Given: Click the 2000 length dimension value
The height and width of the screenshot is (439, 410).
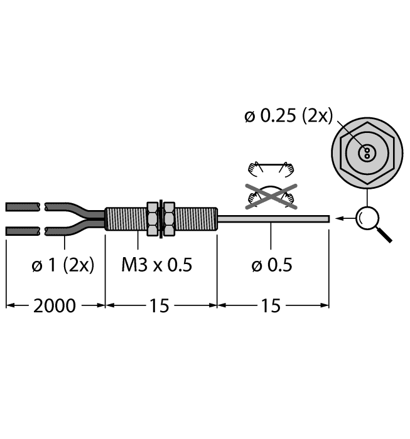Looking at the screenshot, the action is (x=55, y=306).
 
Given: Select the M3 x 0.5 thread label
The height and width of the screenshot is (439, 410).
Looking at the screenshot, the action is (x=157, y=265).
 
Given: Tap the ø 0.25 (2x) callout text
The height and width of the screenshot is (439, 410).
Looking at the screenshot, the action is (x=288, y=115).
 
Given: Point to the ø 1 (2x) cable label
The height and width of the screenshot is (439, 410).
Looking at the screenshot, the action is (x=63, y=265).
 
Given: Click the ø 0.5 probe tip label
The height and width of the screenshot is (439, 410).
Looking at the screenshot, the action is (x=272, y=265).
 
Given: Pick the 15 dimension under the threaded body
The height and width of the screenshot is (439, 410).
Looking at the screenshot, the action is (x=159, y=306).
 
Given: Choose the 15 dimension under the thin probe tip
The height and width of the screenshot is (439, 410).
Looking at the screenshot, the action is (x=271, y=306).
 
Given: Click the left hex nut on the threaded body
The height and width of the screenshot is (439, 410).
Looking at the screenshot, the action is (x=153, y=219).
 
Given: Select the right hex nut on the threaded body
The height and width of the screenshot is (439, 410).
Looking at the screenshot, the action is (x=169, y=219).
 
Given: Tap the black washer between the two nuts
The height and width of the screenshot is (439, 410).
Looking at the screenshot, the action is (x=161, y=219).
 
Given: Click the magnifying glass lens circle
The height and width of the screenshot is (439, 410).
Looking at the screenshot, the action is (x=367, y=218).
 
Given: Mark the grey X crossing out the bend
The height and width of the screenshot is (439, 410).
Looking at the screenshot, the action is (x=271, y=196).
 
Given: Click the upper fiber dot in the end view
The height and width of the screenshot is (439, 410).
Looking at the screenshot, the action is (x=367, y=151).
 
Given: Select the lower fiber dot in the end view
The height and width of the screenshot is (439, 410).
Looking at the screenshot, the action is (x=367, y=156).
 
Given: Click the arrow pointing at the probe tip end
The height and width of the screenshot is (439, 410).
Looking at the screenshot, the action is (x=345, y=218).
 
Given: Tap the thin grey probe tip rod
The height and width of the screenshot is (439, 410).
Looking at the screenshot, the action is (x=273, y=219).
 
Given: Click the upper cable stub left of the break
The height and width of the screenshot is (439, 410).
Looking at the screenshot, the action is (x=23, y=207).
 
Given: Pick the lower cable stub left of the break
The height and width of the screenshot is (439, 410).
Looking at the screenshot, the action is (x=23, y=231).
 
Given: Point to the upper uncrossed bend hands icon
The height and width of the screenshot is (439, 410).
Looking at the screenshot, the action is (x=271, y=169).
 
